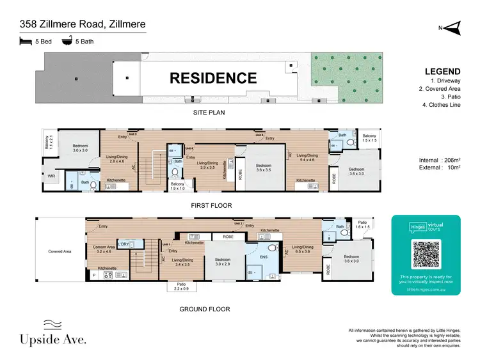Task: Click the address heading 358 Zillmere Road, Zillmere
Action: click(82, 25)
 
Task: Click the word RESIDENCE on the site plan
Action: click(212, 79)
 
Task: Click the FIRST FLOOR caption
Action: click(212, 206)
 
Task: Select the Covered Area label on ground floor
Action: click(60, 251)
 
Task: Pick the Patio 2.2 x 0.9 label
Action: click(180, 286)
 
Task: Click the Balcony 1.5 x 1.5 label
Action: click(369, 138)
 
